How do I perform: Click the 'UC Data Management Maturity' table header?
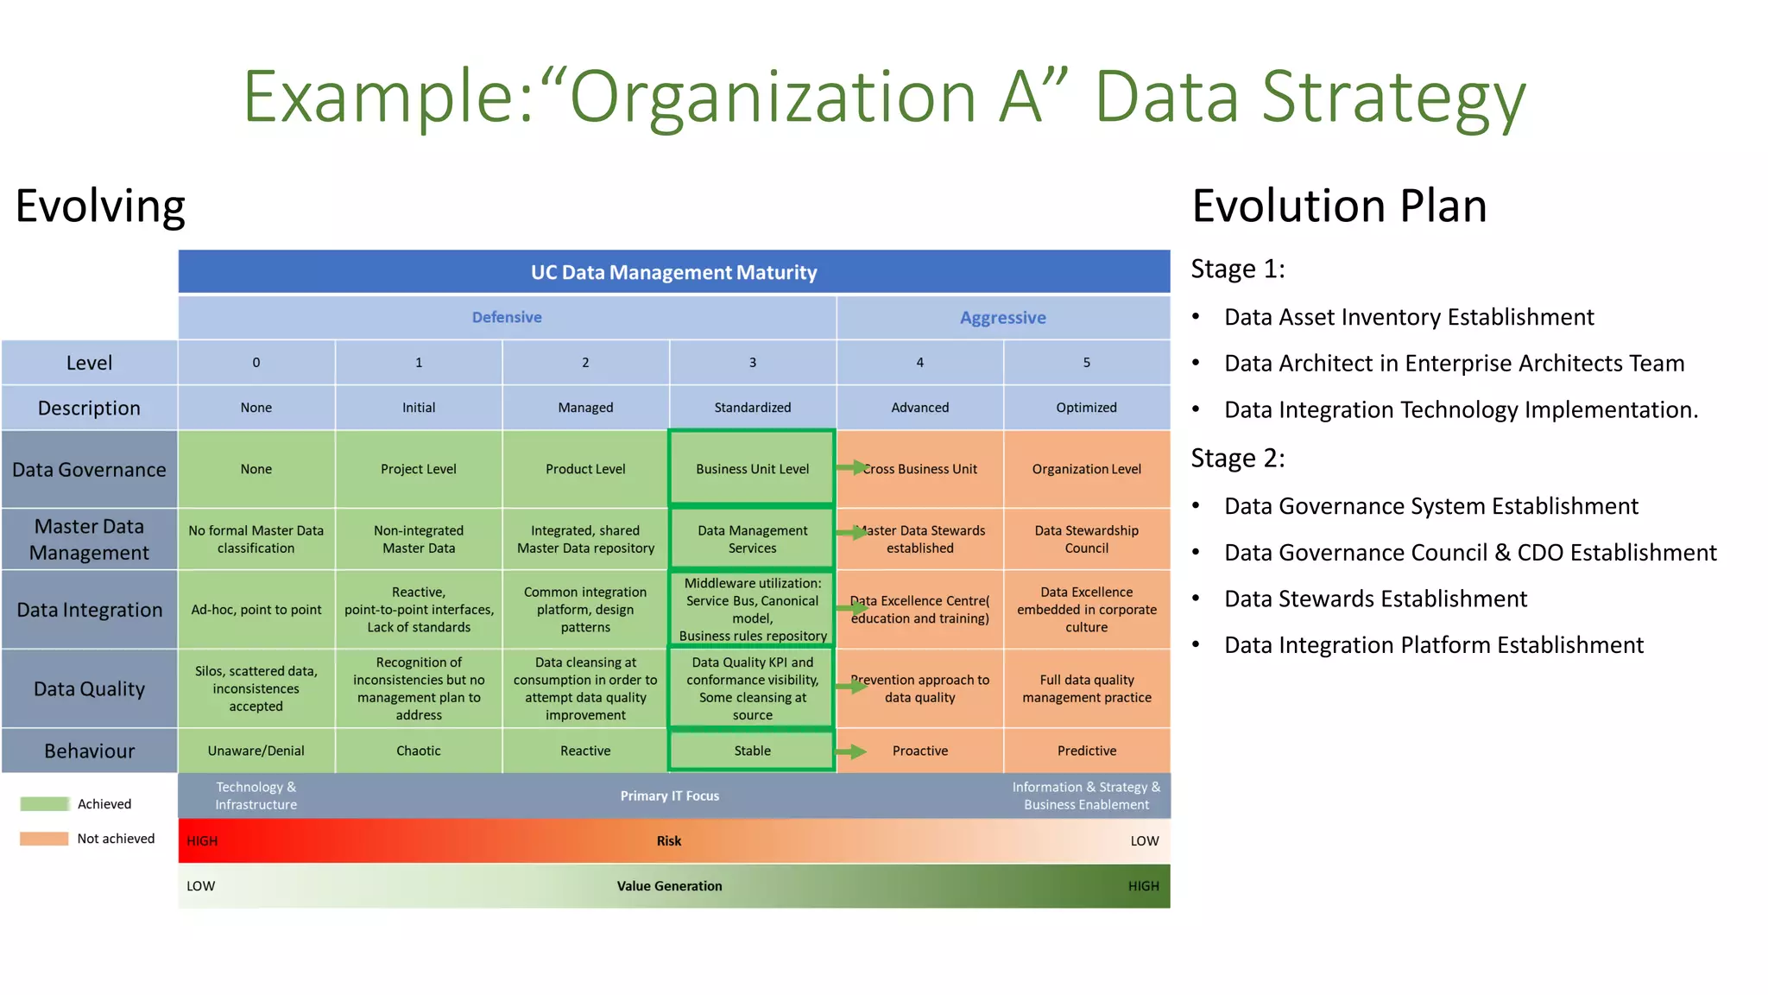click(673, 273)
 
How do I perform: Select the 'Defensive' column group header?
click(507, 317)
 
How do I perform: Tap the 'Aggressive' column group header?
click(1002, 318)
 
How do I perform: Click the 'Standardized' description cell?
click(752, 408)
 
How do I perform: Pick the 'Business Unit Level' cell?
click(752, 469)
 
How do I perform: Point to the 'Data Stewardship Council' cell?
click(1086, 539)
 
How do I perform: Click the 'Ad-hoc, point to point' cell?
click(256, 610)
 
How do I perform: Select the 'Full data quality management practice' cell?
click(1086, 688)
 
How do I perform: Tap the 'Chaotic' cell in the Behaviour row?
click(419, 751)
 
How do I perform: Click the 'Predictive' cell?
click(1086, 751)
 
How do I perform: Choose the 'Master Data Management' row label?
click(89, 539)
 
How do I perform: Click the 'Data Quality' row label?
click(89, 688)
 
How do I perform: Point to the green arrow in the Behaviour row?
click(851, 751)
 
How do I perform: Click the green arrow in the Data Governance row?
click(851, 467)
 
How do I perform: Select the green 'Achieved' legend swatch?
click(44, 804)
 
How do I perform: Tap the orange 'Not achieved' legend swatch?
click(44, 839)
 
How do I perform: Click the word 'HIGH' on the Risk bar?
click(202, 841)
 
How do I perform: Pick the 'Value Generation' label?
click(669, 886)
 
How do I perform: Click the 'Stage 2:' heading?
click(1237, 458)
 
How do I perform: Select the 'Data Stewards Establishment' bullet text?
click(1375, 599)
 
